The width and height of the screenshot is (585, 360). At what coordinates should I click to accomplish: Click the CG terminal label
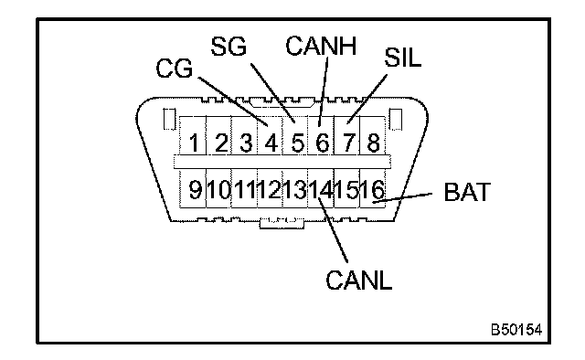point(175,69)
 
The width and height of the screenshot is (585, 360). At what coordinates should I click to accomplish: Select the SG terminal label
point(229,47)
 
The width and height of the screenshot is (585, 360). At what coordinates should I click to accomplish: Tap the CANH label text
point(321,46)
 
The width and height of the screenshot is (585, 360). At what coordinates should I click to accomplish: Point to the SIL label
point(402,58)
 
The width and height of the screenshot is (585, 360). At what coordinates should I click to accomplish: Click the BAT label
point(467,192)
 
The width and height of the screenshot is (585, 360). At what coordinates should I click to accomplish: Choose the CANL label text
point(359,280)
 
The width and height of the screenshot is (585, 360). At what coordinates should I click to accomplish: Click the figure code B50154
point(516,330)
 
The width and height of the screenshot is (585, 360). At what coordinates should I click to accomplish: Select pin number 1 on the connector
point(194,143)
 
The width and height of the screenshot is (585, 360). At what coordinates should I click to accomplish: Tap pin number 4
point(271,143)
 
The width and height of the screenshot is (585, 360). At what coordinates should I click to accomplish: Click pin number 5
point(297,143)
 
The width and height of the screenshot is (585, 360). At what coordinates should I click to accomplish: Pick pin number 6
point(323,143)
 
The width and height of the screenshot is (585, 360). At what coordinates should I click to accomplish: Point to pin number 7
point(348,143)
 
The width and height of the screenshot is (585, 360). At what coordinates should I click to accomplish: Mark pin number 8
point(374,143)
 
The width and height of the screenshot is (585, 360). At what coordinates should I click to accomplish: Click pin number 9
point(196,189)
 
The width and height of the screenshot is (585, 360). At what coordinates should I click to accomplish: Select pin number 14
point(321,189)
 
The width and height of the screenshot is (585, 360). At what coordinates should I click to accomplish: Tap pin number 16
point(372,189)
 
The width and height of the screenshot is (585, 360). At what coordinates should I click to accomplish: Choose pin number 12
point(270,189)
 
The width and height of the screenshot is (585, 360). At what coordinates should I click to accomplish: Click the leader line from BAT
point(402,197)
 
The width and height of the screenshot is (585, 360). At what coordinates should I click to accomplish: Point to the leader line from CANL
point(333,230)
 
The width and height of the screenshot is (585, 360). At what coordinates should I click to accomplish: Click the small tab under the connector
point(282,224)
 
